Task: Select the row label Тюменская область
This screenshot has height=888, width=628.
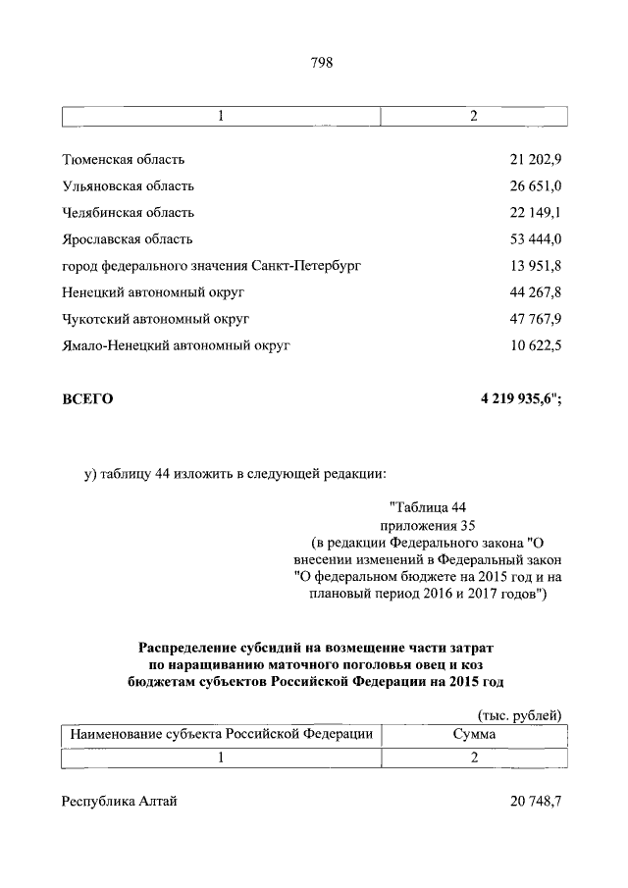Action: [x=123, y=159]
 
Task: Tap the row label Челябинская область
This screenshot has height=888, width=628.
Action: [x=128, y=212]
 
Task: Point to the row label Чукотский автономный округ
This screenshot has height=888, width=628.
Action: [x=156, y=318]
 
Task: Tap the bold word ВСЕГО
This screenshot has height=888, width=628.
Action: [x=87, y=398]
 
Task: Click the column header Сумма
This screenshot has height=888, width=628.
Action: [x=473, y=733]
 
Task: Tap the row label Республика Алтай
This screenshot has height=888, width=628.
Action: [x=119, y=802]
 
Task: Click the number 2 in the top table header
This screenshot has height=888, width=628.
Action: [x=473, y=117]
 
